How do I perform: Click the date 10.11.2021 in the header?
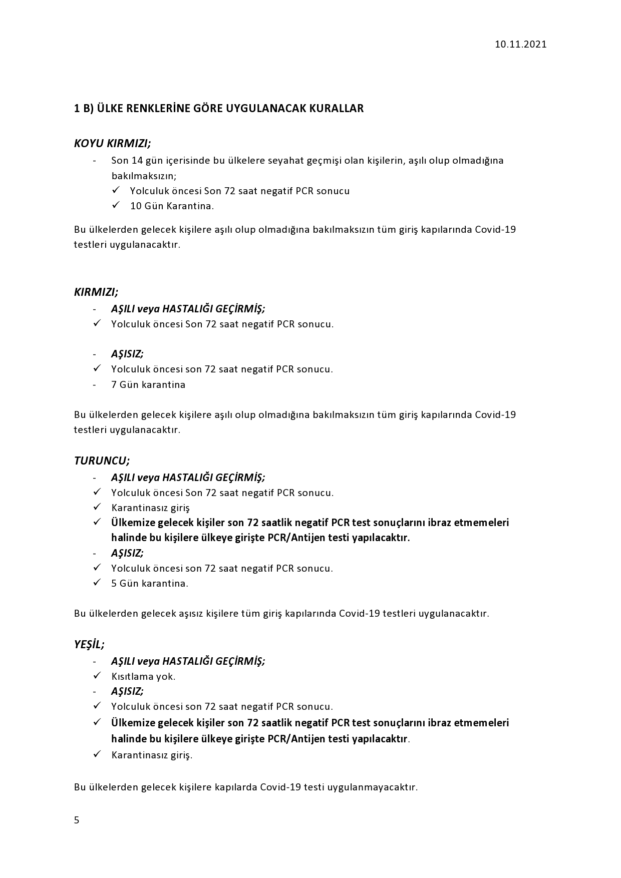(x=520, y=44)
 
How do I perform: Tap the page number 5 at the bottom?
(x=77, y=820)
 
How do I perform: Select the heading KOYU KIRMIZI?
(x=112, y=143)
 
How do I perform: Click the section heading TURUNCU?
(x=102, y=461)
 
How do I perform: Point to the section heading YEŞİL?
(x=89, y=644)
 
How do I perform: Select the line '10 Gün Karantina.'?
(x=172, y=206)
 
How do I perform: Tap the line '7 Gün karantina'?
(x=148, y=384)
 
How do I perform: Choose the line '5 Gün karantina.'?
(x=150, y=583)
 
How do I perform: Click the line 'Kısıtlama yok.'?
(x=143, y=676)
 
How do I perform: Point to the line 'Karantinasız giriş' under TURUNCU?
(x=150, y=508)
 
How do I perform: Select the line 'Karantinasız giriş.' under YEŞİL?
(x=152, y=755)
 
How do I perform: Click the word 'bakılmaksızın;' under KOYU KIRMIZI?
(x=144, y=176)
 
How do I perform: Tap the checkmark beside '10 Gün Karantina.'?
(x=116, y=205)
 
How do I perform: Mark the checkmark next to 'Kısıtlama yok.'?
(x=97, y=676)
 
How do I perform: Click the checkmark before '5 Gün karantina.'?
(x=97, y=583)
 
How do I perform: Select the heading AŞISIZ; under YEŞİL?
(x=127, y=691)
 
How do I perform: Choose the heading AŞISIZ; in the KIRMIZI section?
(x=127, y=354)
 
